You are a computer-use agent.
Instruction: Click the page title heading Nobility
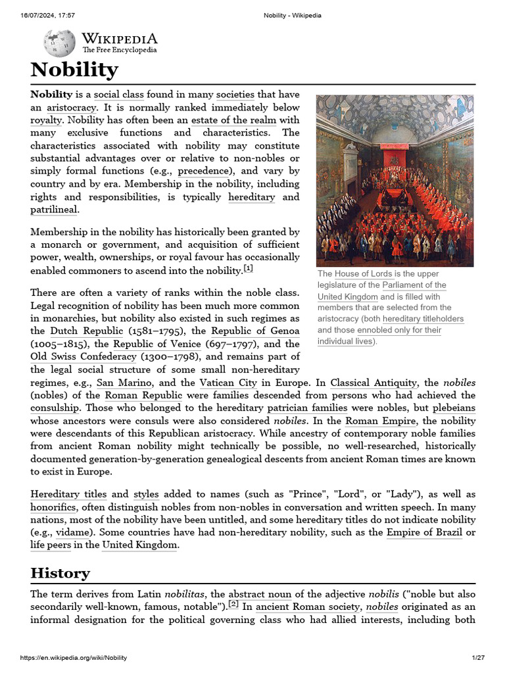74,70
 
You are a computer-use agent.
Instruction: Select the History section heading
60,572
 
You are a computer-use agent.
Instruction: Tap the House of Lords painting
395,180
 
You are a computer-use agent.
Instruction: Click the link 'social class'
119,94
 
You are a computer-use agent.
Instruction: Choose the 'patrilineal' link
54,210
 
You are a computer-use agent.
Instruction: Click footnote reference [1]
248,269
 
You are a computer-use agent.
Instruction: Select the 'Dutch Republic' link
86,331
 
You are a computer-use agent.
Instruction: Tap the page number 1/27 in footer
477,658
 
